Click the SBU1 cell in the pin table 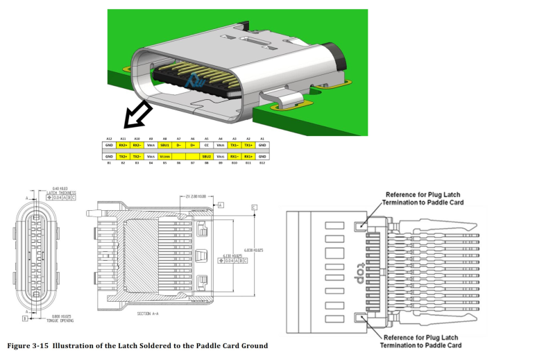pos(164,144)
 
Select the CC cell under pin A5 pos(206,144)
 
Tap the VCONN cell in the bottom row pos(164,157)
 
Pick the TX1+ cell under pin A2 pos(248,144)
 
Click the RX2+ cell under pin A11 pos(123,144)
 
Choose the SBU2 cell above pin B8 pos(206,157)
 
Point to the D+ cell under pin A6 pos(192,144)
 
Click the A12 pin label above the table pos(109,139)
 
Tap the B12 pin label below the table pos(262,162)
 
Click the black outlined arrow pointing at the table pos(137,114)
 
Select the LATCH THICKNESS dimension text pos(63,192)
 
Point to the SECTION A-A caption pos(150,314)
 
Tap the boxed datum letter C pos(255,207)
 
